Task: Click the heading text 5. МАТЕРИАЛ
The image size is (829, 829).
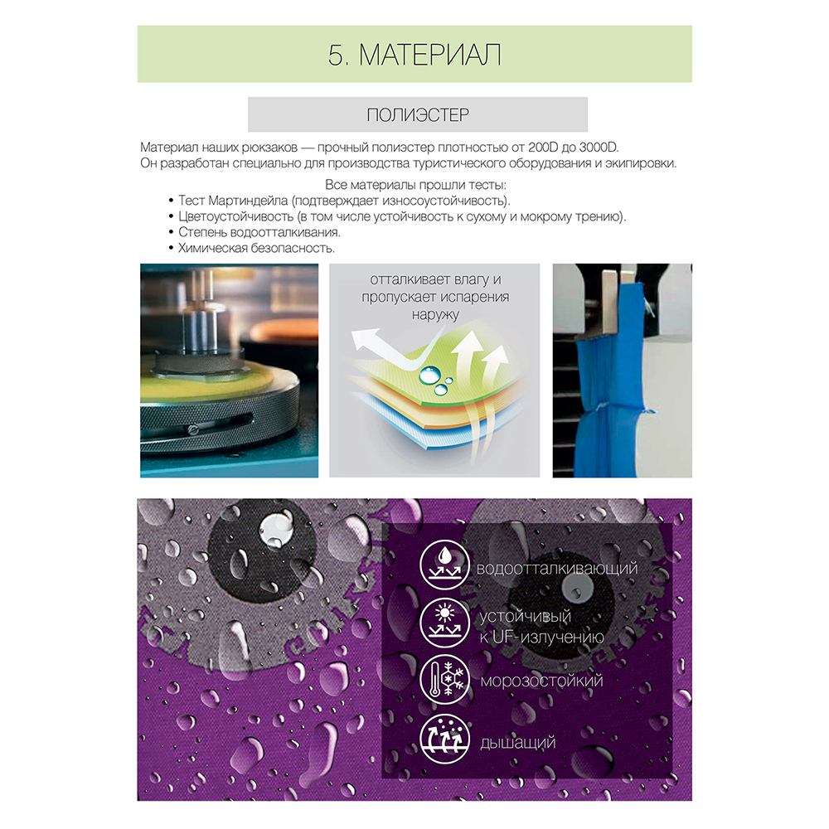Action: [414, 55]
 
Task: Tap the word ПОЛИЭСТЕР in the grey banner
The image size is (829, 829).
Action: [418, 114]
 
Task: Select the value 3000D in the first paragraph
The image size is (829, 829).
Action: [599, 147]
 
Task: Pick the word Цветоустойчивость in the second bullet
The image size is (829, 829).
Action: [235, 216]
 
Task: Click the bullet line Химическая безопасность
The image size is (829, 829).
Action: [256, 249]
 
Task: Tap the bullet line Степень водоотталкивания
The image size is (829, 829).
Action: [259, 233]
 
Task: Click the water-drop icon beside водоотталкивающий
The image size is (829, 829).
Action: [444, 565]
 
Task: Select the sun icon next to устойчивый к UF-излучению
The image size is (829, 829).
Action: [444, 623]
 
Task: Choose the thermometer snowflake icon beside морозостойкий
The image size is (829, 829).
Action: [444, 681]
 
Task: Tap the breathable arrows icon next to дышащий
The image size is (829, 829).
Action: [444, 739]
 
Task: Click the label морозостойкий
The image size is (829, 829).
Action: [541, 681]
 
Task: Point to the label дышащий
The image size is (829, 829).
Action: [517, 743]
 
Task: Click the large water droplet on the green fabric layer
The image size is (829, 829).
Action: [429, 376]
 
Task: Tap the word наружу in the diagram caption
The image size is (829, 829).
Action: [435, 315]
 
